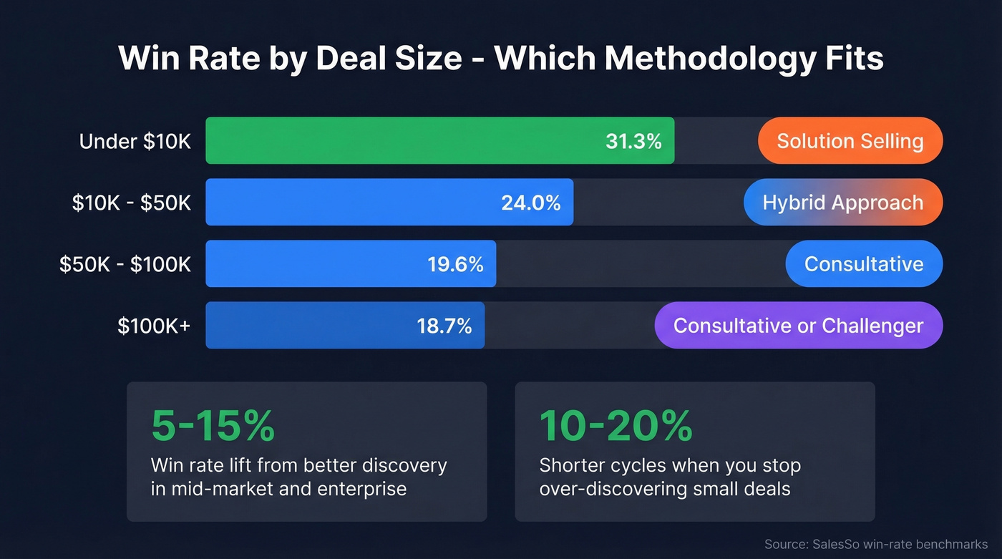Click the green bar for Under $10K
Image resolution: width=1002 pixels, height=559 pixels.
[401, 141]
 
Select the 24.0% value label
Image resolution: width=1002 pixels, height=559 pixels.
[530, 203]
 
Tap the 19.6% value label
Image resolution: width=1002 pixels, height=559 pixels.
[455, 264]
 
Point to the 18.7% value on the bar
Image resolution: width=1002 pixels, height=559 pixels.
[444, 326]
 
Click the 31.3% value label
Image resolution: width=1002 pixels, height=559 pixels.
[633, 141]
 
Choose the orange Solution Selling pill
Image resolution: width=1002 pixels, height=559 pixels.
[850, 141]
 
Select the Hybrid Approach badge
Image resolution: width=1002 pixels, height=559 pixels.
[842, 203]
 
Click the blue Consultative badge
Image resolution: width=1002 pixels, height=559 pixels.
[863, 264]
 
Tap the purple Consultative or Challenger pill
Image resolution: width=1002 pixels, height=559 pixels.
[798, 326]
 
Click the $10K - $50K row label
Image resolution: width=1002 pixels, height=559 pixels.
[132, 203]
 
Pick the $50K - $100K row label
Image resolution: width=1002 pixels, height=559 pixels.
[125, 264]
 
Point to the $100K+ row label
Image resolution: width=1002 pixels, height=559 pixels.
[154, 326]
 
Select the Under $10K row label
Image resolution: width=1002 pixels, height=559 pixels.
[135, 141]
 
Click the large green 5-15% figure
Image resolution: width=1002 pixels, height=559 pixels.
[213, 427]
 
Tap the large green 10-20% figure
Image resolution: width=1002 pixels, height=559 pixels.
[616, 427]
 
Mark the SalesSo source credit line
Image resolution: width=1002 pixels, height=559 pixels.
[875, 545]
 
